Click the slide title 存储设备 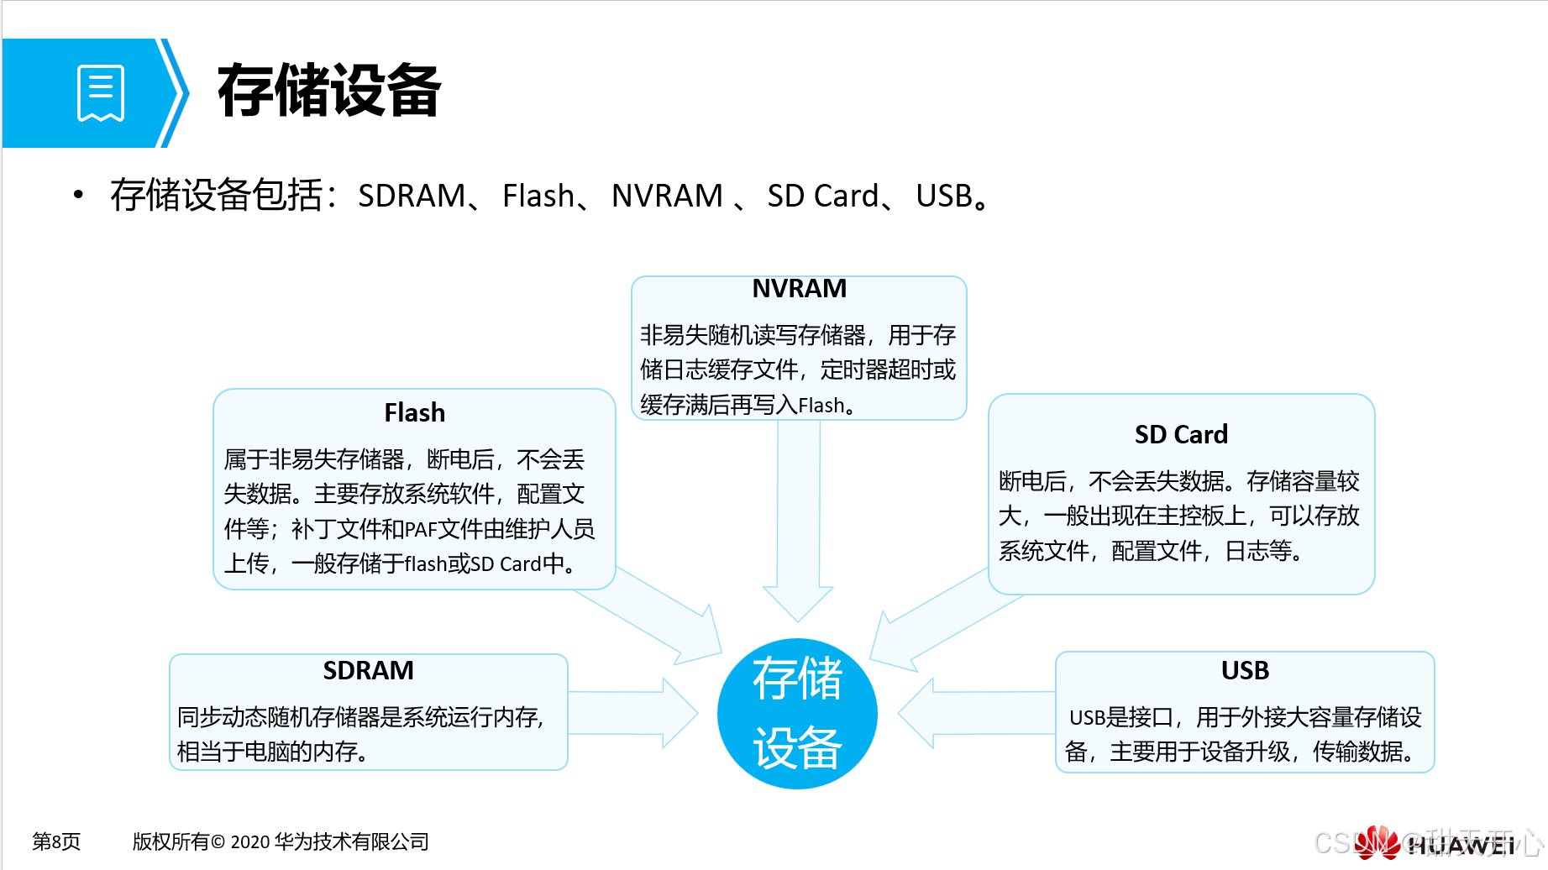(x=328, y=91)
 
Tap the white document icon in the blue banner (x=101, y=93)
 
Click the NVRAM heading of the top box (x=799, y=289)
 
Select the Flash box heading (x=414, y=412)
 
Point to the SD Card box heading (x=1180, y=434)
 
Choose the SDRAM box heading (x=368, y=670)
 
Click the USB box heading (x=1244, y=670)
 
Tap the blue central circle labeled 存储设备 (x=797, y=713)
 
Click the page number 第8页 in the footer (x=56, y=841)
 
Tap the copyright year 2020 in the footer (x=250, y=842)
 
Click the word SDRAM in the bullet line (x=411, y=196)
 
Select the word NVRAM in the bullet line (x=667, y=196)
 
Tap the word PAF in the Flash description (x=420, y=530)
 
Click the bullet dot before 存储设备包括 (x=78, y=196)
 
